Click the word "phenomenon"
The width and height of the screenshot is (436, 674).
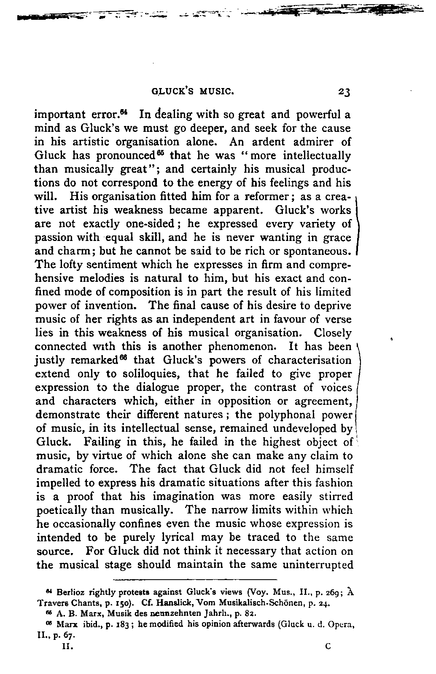tap(234, 347)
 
